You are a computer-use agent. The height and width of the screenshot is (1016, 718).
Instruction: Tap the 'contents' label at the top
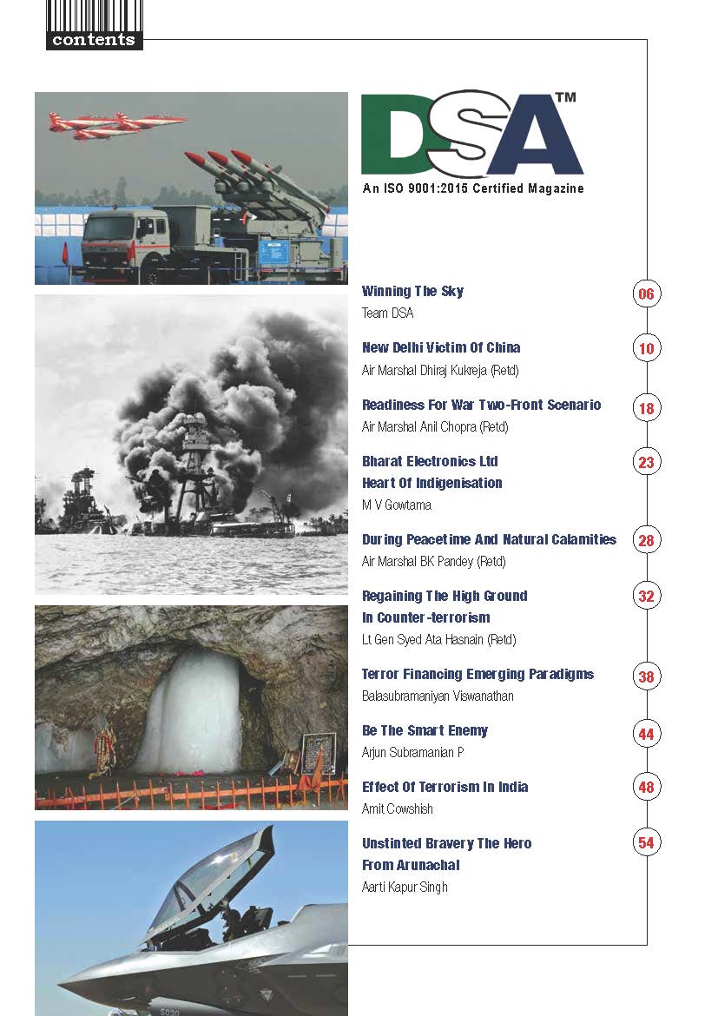coord(93,40)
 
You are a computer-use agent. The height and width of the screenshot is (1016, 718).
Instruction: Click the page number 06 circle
coord(645,294)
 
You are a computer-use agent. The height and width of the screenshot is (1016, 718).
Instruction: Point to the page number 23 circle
coord(645,463)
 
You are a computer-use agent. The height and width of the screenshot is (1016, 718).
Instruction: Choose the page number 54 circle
coord(645,842)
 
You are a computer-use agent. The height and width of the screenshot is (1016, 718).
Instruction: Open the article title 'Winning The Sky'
coord(412,292)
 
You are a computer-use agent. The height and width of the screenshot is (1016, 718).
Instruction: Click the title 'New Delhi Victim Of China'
coord(441,348)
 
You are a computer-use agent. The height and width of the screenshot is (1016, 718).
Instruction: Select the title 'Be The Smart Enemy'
coord(425,730)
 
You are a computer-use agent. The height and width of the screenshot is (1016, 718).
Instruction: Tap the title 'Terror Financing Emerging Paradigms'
coord(478,675)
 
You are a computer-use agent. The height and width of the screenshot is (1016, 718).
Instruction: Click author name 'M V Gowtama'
coord(397,505)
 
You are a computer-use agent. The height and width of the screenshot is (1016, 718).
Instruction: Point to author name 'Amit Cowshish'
coord(397,808)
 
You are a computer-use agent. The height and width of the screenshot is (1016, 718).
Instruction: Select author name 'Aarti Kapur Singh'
coord(405,887)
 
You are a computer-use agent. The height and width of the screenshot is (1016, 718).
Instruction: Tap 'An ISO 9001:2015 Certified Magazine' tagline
coord(472,188)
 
